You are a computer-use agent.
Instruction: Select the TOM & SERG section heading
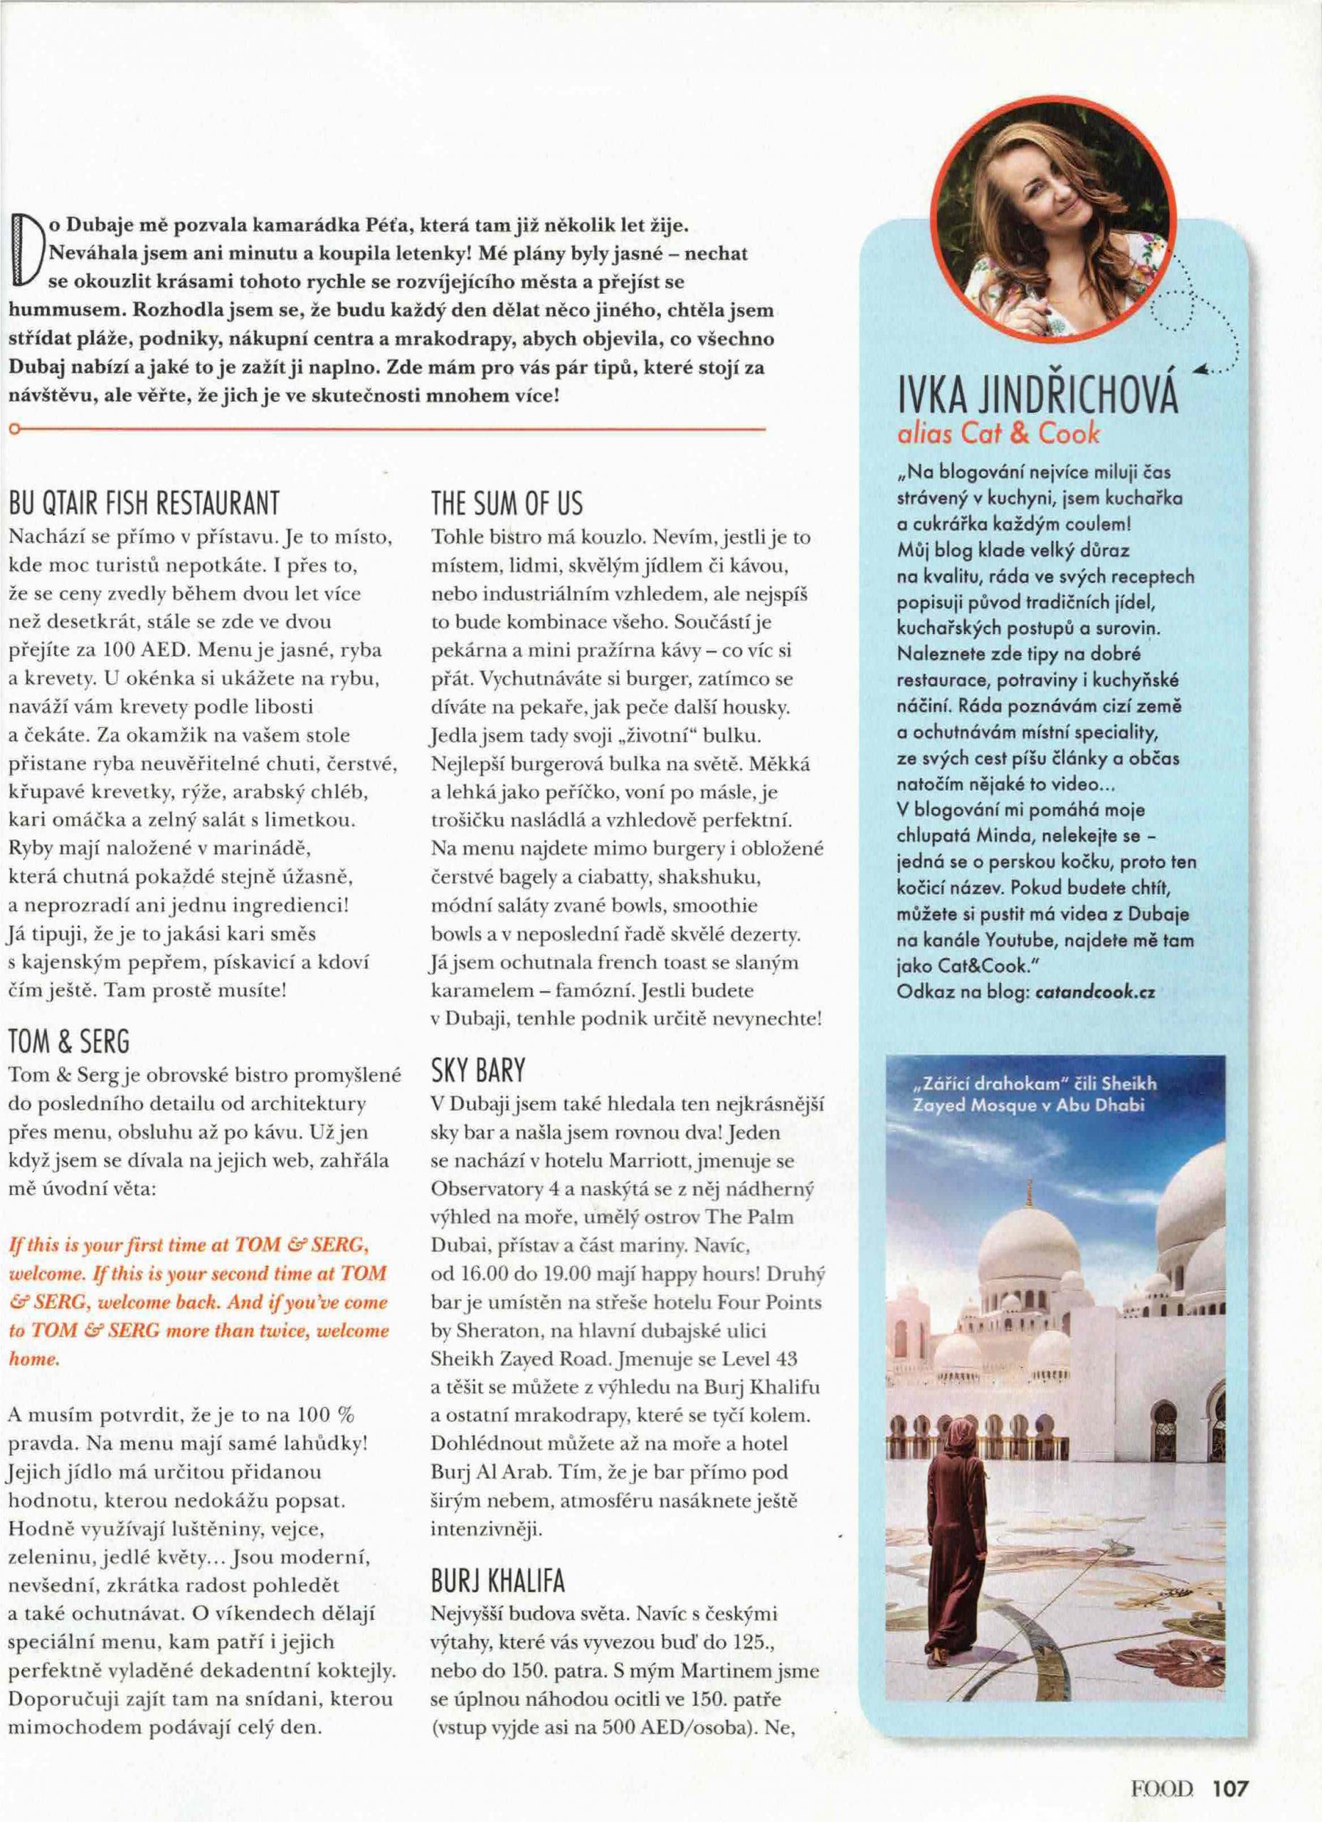(x=68, y=1042)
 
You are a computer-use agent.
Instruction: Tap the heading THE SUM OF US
(x=507, y=505)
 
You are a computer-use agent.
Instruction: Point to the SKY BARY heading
(x=478, y=1070)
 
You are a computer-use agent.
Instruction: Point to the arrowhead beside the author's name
(x=1199, y=370)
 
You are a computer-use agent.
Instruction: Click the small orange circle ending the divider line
(x=12, y=431)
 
